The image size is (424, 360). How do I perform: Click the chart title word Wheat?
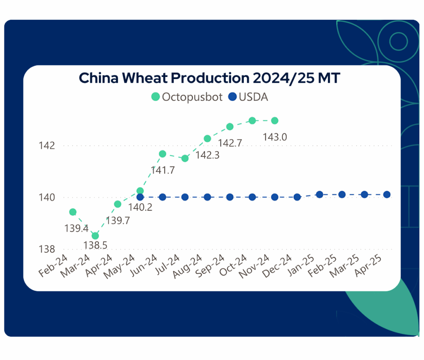[x=145, y=78]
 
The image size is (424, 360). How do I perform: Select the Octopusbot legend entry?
[x=187, y=97]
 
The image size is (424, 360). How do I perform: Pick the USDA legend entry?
[x=248, y=97]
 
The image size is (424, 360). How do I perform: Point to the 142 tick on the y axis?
[x=47, y=146]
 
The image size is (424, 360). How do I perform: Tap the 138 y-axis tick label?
[x=47, y=249]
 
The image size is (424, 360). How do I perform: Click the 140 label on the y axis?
[x=47, y=197]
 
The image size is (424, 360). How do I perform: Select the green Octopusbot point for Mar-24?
[x=95, y=236]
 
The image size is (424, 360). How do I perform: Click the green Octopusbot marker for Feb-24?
[x=73, y=212]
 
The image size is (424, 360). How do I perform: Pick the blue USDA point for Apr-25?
[x=387, y=194]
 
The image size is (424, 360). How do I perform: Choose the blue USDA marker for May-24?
[x=140, y=197]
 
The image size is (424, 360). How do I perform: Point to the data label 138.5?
[x=95, y=245]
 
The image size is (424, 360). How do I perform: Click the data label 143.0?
[x=275, y=137]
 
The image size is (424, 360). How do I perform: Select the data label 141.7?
[x=163, y=170]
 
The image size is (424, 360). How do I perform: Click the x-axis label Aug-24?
[x=188, y=266]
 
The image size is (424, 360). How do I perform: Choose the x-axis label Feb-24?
[x=53, y=266]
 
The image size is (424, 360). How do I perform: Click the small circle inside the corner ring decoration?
[x=398, y=41]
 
